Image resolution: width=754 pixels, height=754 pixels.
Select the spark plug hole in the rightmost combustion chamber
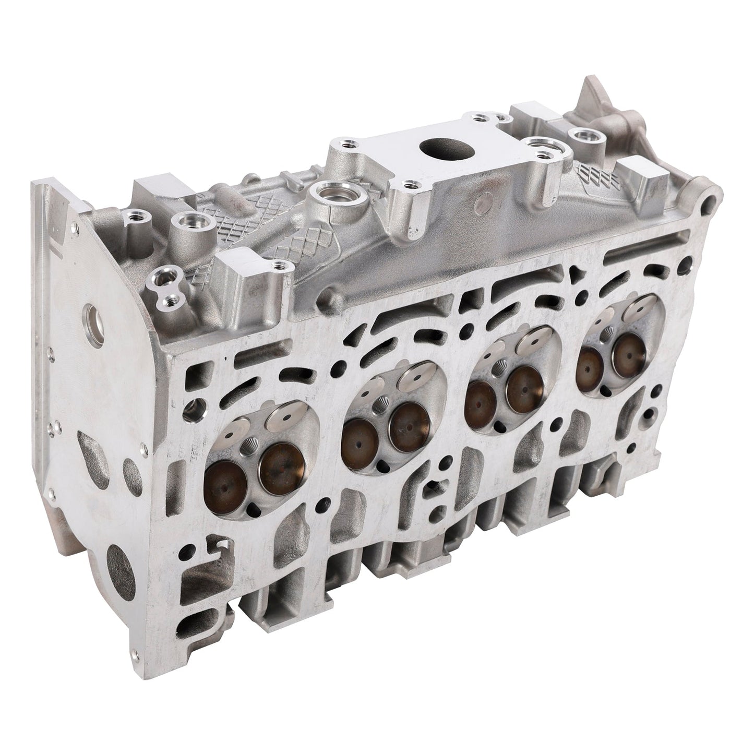607,334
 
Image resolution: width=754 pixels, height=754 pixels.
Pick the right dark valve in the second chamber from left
409,427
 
